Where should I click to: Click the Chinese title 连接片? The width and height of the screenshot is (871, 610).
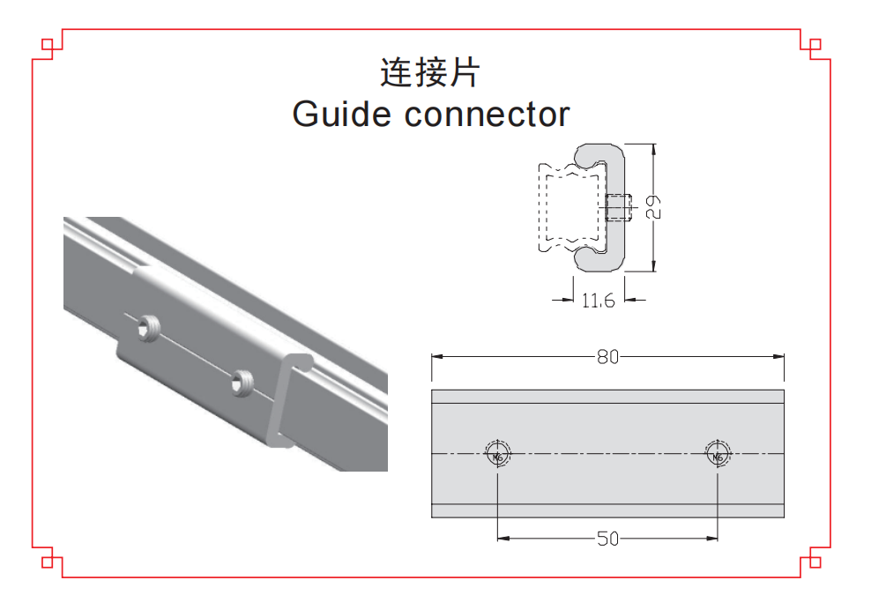pyautogui.click(x=429, y=72)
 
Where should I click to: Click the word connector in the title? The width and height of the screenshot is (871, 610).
pyautogui.click(x=488, y=115)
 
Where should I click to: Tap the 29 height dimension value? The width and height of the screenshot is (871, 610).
pyautogui.click(x=653, y=207)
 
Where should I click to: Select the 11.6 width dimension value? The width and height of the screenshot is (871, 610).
pyautogui.click(x=597, y=301)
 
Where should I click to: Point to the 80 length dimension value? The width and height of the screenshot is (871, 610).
pyautogui.click(x=607, y=357)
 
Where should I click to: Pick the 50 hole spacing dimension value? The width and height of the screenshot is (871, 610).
pyautogui.click(x=607, y=539)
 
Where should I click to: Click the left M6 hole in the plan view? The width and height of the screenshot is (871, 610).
pyautogui.click(x=497, y=455)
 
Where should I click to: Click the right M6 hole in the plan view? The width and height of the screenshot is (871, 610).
pyautogui.click(x=718, y=455)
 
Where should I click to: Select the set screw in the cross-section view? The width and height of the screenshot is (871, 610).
pyautogui.click(x=620, y=207)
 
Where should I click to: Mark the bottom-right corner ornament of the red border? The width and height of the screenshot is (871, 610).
pyautogui.click(x=815, y=562)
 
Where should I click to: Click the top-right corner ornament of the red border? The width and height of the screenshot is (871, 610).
pyautogui.click(x=815, y=43)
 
